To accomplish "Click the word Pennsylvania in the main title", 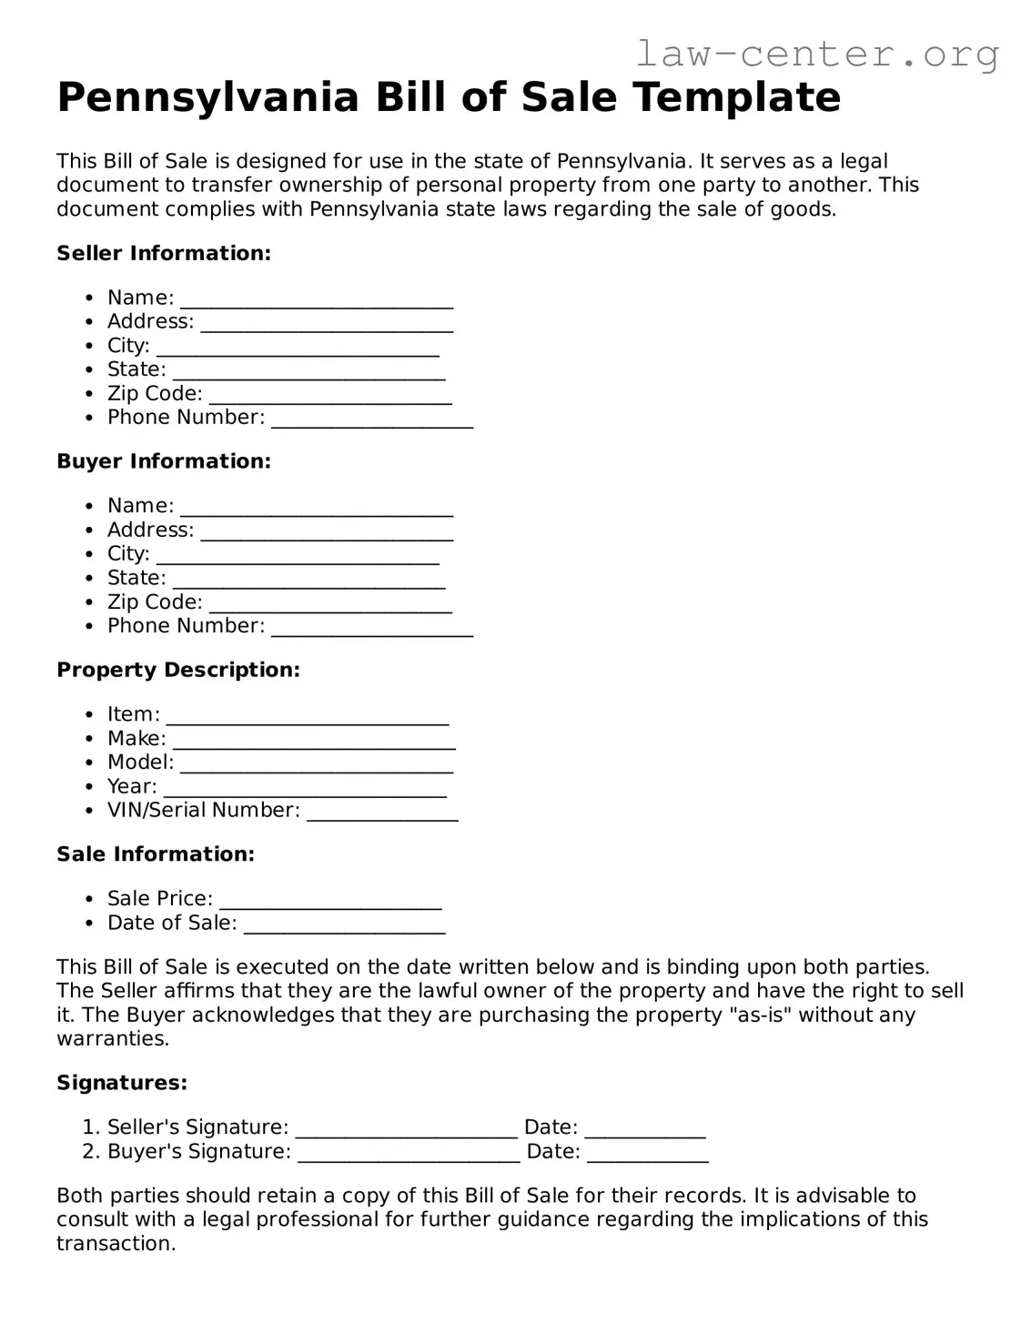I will (208, 97).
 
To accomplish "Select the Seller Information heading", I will (164, 253).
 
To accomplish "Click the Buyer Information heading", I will (164, 461).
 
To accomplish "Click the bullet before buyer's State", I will (88, 579).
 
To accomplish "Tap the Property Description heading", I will (178, 670).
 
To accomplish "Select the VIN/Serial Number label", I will (203, 810).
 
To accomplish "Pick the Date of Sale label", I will (172, 923).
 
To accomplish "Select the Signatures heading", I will (122, 1083).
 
